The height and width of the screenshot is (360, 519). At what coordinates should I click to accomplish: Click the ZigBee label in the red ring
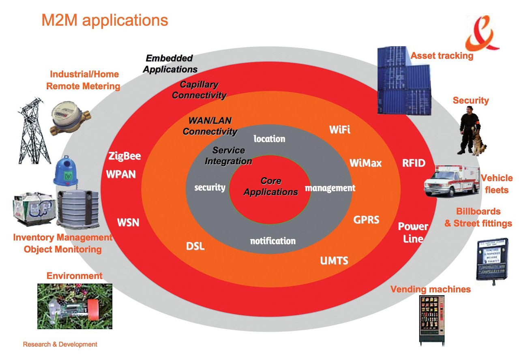(124, 156)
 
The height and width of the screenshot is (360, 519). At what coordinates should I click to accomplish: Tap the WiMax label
(365, 163)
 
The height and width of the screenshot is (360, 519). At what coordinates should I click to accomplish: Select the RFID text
(414, 163)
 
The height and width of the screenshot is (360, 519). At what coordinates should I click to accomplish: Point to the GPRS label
(366, 220)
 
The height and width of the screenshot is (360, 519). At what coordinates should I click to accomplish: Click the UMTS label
(334, 260)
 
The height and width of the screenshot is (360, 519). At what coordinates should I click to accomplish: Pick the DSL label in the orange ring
(195, 246)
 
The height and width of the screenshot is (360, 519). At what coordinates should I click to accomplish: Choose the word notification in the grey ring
(272, 241)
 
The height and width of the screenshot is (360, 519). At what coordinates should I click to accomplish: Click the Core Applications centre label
(271, 186)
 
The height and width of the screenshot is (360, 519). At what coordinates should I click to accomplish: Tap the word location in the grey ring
(269, 139)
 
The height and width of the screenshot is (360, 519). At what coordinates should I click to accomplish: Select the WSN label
(128, 223)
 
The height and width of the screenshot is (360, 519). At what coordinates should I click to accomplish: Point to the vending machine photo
(431, 320)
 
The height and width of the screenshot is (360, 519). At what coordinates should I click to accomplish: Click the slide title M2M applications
(105, 20)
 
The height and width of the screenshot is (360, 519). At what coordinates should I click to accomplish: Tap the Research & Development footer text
(60, 345)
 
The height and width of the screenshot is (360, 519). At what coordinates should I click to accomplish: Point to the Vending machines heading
(430, 289)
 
